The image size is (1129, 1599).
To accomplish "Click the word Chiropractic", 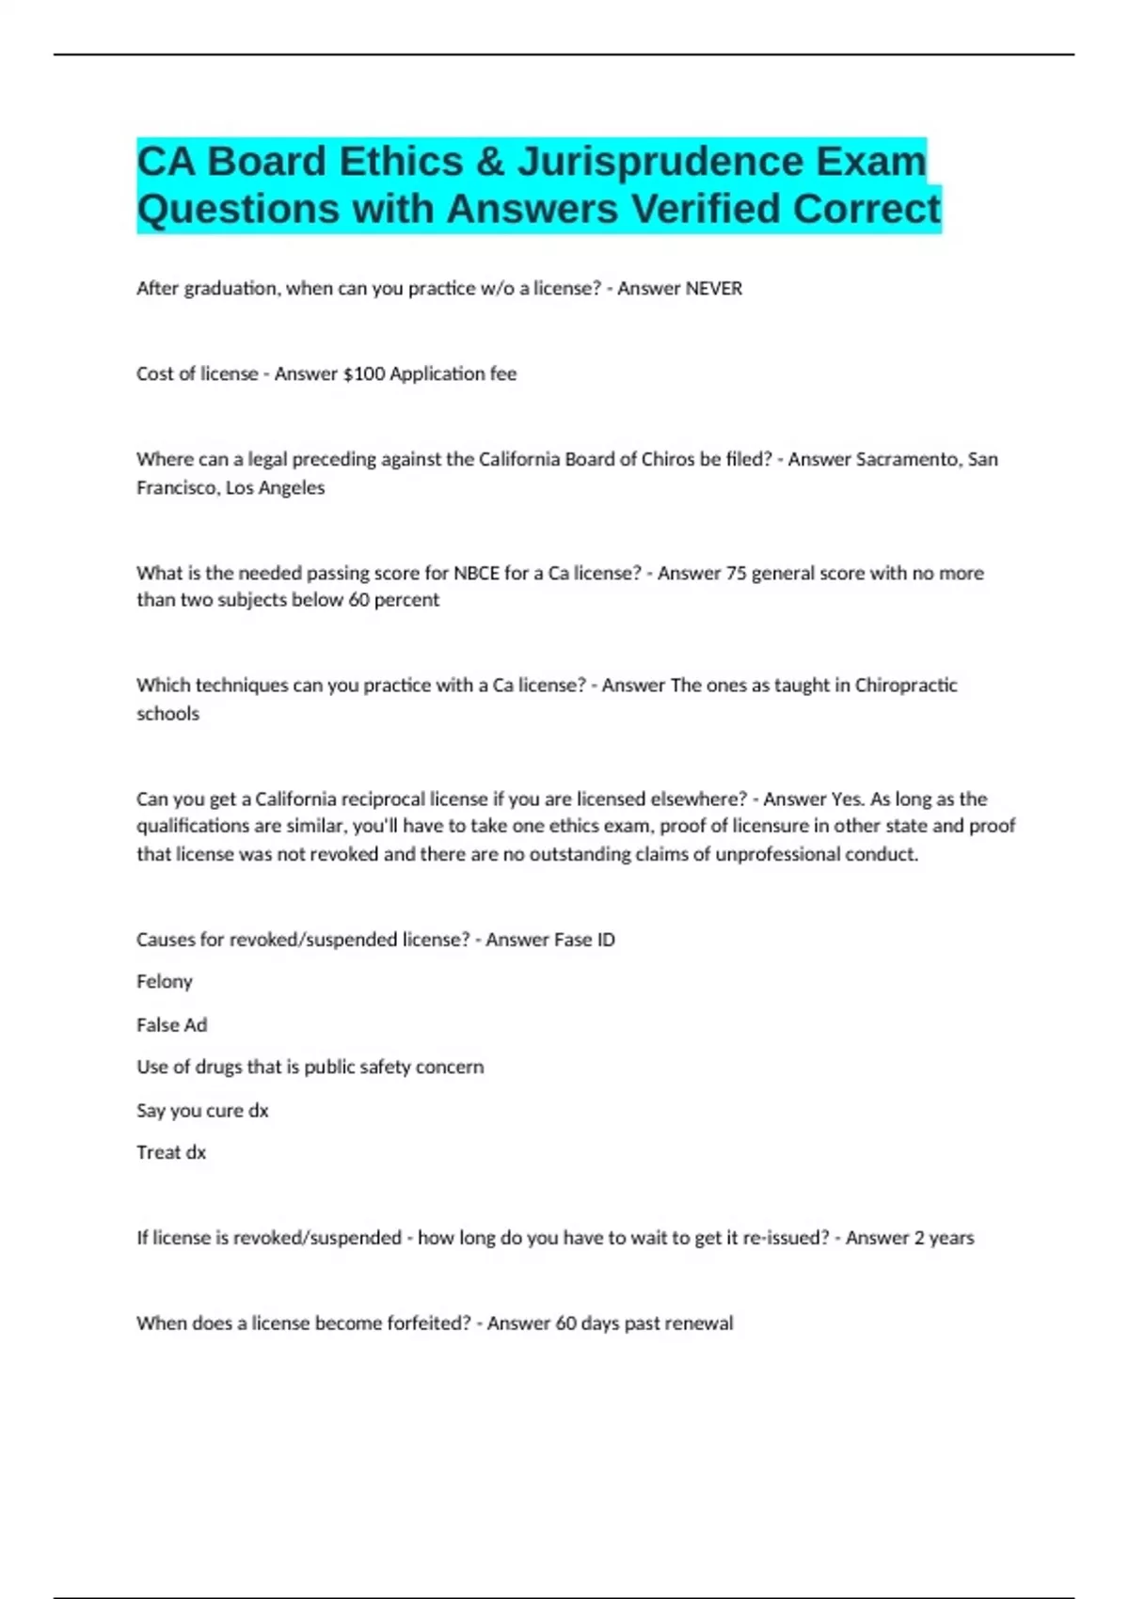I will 905,686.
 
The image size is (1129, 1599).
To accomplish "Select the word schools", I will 167,714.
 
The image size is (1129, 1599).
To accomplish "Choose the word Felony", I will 165,982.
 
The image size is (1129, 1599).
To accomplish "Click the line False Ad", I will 171,1025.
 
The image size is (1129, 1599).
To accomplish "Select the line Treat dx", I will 170,1153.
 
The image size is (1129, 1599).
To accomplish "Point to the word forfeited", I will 434,1323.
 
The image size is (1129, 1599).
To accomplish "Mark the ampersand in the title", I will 490,162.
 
